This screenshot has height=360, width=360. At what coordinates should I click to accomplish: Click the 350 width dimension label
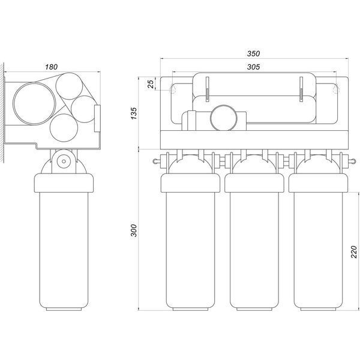pyautogui.click(x=253, y=53)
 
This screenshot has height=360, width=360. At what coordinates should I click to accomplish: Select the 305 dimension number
pyautogui.click(x=253, y=67)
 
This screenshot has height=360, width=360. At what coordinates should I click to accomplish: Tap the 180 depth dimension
pyautogui.click(x=51, y=67)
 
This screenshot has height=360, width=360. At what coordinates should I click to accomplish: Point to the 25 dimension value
pyautogui.click(x=151, y=84)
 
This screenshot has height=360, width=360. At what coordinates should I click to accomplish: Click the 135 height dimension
pyautogui.click(x=134, y=113)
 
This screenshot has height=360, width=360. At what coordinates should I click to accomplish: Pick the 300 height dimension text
pyautogui.click(x=134, y=230)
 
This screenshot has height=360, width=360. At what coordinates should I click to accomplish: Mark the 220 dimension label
pyautogui.click(x=354, y=252)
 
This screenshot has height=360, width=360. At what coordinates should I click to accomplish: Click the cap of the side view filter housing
pyautogui.click(x=64, y=183)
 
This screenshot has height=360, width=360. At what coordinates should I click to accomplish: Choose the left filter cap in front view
pyautogui.click(x=190, y=183)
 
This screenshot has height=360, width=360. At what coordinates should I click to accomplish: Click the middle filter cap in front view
pyautogui.click(x=254, y=183)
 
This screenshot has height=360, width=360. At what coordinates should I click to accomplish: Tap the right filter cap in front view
pyautogui.click(x=318, y=183)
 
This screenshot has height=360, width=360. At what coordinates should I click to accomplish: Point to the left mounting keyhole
pyautogui.click(x=173, y=89)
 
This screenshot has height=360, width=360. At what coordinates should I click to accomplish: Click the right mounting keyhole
pyautogui.click(x=336, y=89)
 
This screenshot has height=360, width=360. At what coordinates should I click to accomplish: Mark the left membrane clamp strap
pyautogui.click(x=207, y=89)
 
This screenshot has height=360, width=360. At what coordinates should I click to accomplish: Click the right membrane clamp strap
pyautogui.click(x=301, y=89)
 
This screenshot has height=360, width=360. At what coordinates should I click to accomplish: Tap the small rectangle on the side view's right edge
pyautogui.click(x=97, y=118)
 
